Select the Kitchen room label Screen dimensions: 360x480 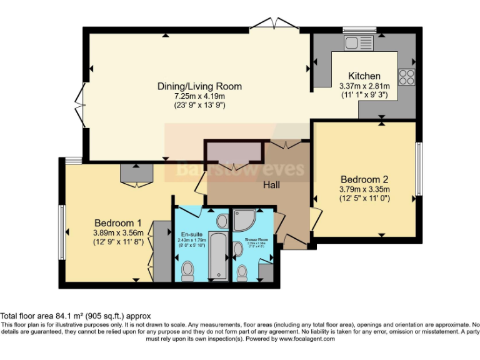[x=364, y=76]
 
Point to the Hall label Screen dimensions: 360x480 [x=271, y=185]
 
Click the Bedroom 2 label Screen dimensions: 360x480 [x=364, y=177]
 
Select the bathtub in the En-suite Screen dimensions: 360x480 [x=218, y=256]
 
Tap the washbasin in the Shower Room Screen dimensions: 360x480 [x=237, y=249]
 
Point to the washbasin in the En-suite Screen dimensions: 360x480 [x=222, y=221]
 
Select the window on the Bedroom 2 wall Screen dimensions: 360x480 [x=419, y=169]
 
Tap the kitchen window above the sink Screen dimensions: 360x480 [x=358, y=29]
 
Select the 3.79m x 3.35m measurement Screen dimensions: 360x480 [x=364, y=189]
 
